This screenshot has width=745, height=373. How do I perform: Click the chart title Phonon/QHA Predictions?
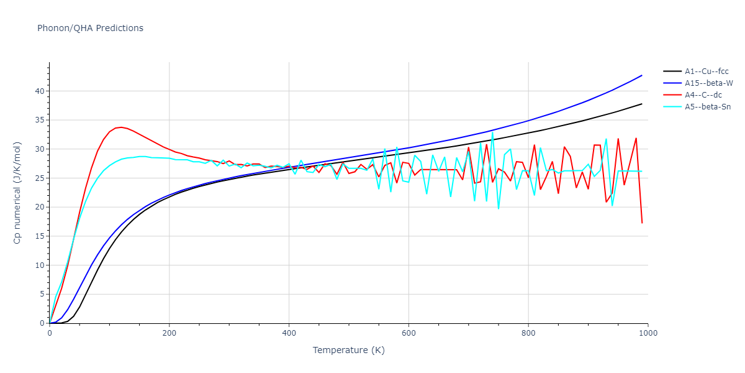click(90, 28)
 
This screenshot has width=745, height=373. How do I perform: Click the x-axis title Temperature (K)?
click(348, 350)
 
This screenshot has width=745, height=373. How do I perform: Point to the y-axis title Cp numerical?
click(17, 193)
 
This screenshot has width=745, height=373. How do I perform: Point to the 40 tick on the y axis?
click(40, 91)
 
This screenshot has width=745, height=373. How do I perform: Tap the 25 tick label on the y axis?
click(40, 178)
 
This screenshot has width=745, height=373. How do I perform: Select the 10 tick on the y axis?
click(40, 265)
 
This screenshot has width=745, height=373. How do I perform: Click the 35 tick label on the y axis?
click(40, 120)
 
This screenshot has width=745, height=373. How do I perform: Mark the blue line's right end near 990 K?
click(642, 75)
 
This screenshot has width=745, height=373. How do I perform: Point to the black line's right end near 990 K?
click(642, 104)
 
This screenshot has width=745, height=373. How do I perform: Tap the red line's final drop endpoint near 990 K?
click(642, 223)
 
